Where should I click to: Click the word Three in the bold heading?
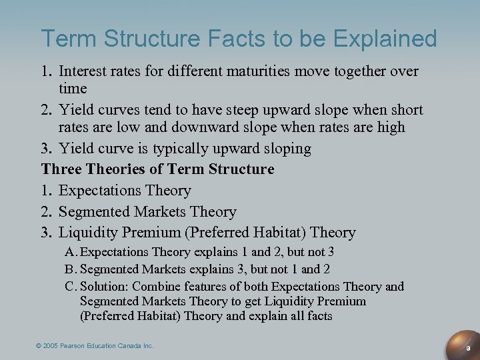point(61,169)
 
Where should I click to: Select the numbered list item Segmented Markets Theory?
point(147,211)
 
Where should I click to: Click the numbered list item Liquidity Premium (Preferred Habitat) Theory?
point(207,233)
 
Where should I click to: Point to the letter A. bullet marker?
point(71,253)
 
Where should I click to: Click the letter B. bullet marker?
point(71,269)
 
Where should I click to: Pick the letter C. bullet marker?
point(71,286)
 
